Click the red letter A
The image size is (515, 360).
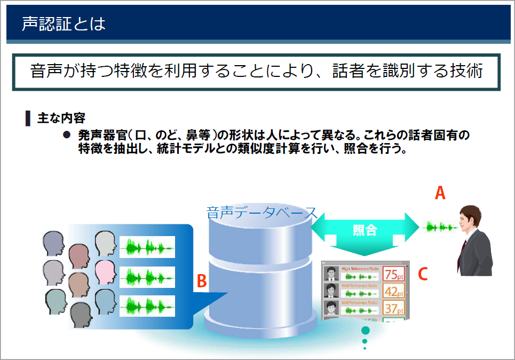[x=440, y=193]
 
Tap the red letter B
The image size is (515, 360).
[x=201, y=280]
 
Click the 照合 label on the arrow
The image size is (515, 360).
[x=365, y=230]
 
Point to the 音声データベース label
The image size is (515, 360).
[x=262, y=213]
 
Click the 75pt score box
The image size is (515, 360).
[x=393, y=275]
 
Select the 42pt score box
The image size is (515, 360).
[x=393, y=292]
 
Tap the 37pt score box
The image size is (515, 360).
[x=393, y=308]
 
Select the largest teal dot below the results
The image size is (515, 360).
[x=365, y=330]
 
